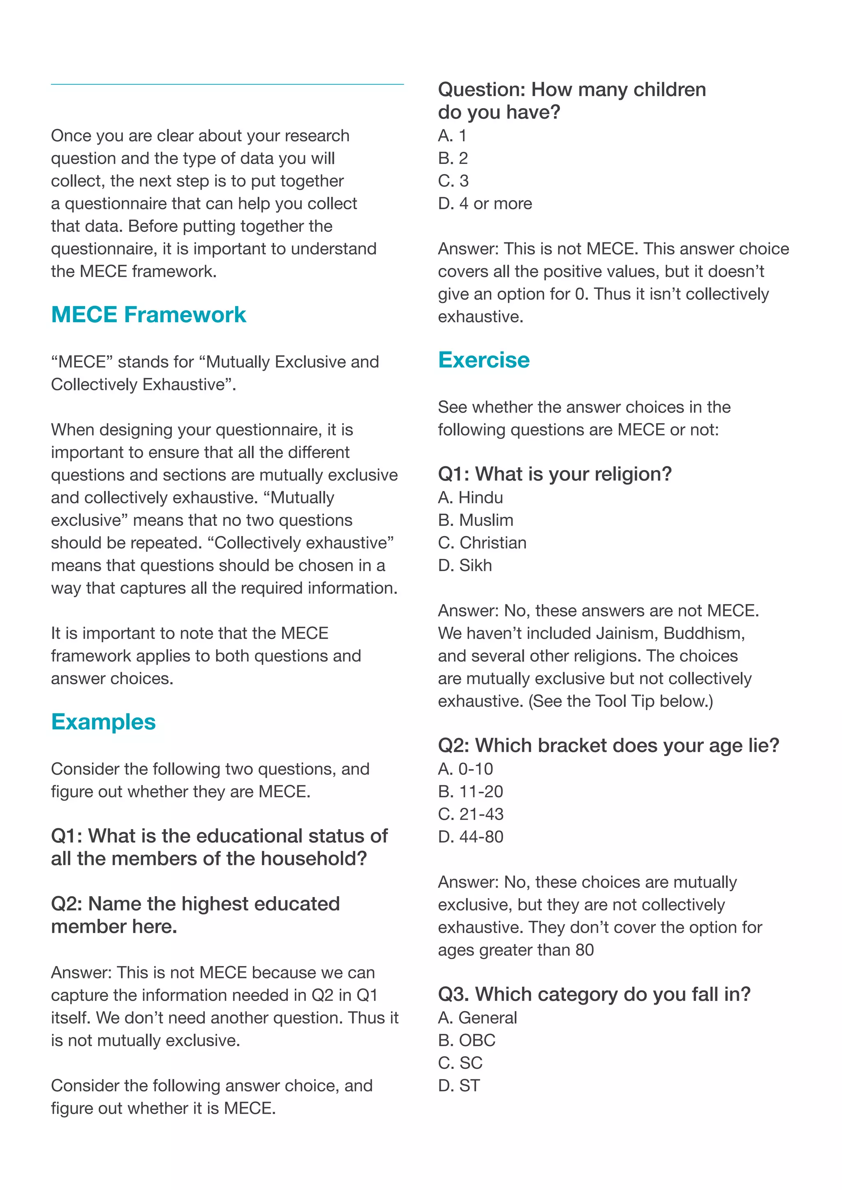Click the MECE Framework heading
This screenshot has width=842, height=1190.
pyautogui.click(x=148, y=315)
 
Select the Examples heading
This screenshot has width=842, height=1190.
pyautogui.click(x=103, y=722)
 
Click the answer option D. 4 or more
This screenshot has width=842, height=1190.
pyautogui.click(x=485, y=204)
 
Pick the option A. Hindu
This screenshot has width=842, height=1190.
pyautogui.click(x=470, y=498)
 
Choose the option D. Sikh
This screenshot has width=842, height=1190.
pyautogui.click(x=465, y=565)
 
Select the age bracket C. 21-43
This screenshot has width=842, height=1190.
pyautogui.click(x=470, y=814)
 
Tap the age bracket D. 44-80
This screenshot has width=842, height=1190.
pyautogui.click(x=470, y=837)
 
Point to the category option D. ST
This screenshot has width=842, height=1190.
pyautogui.click(x=459, y=1085)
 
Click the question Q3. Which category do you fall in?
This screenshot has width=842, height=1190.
pyautogui.click(x=594, y=994)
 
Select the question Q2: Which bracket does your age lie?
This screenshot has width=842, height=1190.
pyautogui.click(x=608, y=745)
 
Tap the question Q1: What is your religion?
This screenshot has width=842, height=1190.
pyautogui.click(x=555, y=474)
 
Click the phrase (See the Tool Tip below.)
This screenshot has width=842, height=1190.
pyautogui.click(x=621, y=701)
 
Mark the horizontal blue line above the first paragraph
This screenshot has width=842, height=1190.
pyautogui.click(x=227, y=84)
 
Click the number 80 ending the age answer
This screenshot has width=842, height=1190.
pyautogui.click(x=584, y=950)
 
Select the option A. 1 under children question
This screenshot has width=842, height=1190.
pyautogui.click(x=452, y=136)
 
